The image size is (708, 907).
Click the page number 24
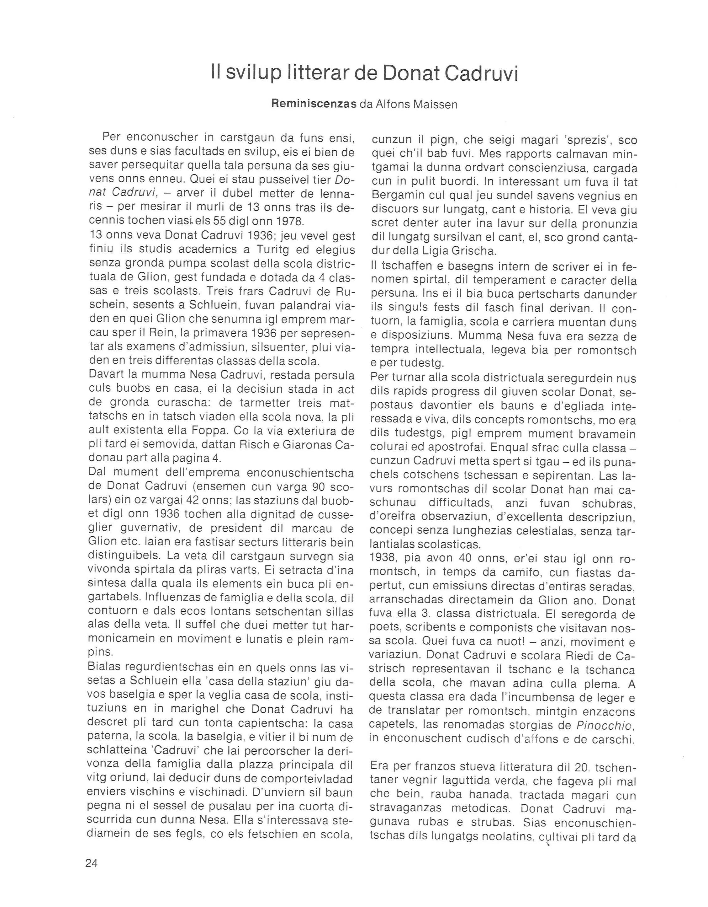point(91,863)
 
